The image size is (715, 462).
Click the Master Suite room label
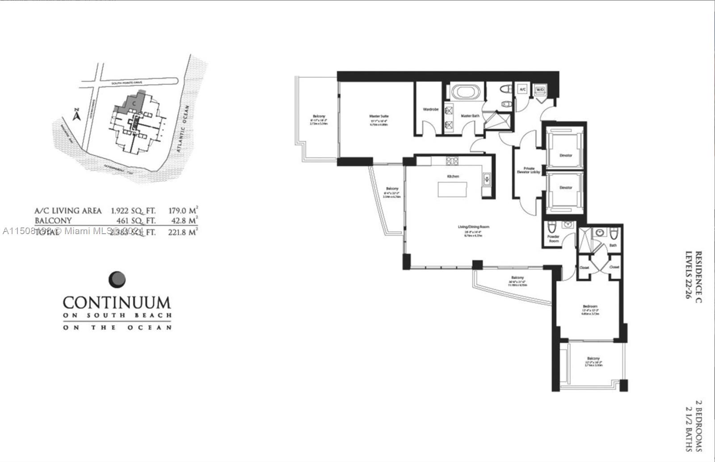[379, 116]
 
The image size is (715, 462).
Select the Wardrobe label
[430, 109]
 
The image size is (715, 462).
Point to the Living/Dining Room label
[473, 227]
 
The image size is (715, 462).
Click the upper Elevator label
[565, 155]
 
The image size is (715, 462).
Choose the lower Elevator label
[565, 188]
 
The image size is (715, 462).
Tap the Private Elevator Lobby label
[529, 170]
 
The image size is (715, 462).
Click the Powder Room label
[553, 239]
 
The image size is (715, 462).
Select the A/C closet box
[522, 90]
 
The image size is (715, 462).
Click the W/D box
[539, 90]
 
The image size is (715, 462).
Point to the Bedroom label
[589, 307]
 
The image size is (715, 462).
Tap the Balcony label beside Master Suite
[319, 116]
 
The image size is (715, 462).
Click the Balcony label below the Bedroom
[593, 358]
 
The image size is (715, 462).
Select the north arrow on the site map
[76, 115]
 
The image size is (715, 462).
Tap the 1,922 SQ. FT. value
[133, 210]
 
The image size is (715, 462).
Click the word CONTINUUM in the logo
[117, 302]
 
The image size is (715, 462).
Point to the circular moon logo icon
[117, 280]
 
